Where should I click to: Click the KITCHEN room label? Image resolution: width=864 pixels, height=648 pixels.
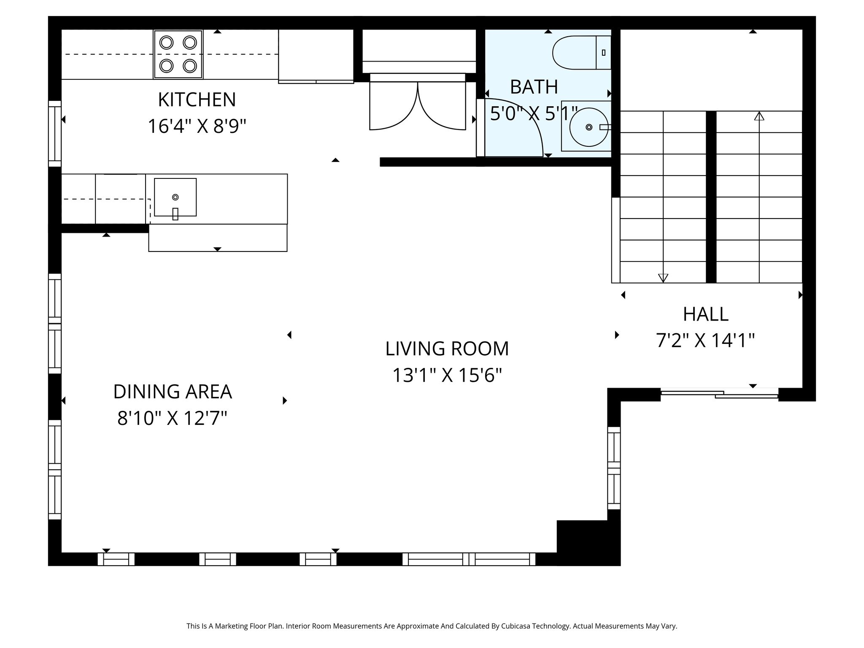click(197, 100)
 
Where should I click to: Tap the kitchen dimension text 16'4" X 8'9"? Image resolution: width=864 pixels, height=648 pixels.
click(197, 126)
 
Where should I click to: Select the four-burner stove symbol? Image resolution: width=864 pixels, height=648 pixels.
click(178, 54)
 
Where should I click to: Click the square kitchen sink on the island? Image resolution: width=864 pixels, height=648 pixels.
click(175, 197)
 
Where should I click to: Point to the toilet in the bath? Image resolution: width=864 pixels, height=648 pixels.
click(581, 53)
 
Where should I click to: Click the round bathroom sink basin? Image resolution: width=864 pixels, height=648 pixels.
click(589, 127)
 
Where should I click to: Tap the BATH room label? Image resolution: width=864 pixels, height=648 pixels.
click(534, 87)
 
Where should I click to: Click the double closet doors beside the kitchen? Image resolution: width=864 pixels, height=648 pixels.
click(418, 105)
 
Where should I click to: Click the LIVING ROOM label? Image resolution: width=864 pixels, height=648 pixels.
click(447, 348)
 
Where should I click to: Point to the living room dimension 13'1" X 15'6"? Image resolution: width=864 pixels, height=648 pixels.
click(447, 375)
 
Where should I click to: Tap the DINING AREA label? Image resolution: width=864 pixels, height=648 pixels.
click(173, 391)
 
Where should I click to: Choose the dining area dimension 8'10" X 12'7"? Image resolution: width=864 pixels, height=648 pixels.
click(173, 418)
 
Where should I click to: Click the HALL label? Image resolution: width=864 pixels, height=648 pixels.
click(705, 314)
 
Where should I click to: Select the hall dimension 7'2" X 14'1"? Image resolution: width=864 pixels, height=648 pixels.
click(705, 340)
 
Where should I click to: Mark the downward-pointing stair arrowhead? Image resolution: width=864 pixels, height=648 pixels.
click(663, 278)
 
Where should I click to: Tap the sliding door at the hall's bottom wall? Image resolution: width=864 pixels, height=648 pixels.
click(719, 394)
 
